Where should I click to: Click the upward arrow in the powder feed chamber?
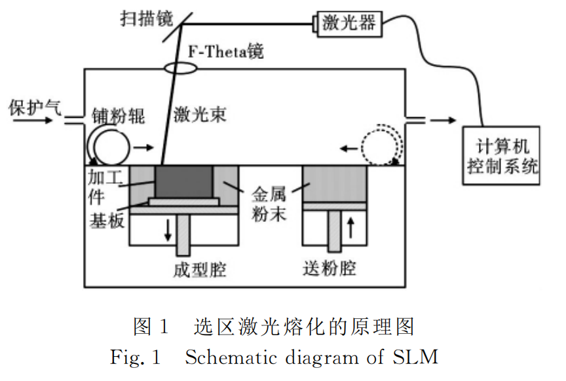pos(350,228)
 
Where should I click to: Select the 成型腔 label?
pos(191,269)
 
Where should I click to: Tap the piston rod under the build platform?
pos(183,236)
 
